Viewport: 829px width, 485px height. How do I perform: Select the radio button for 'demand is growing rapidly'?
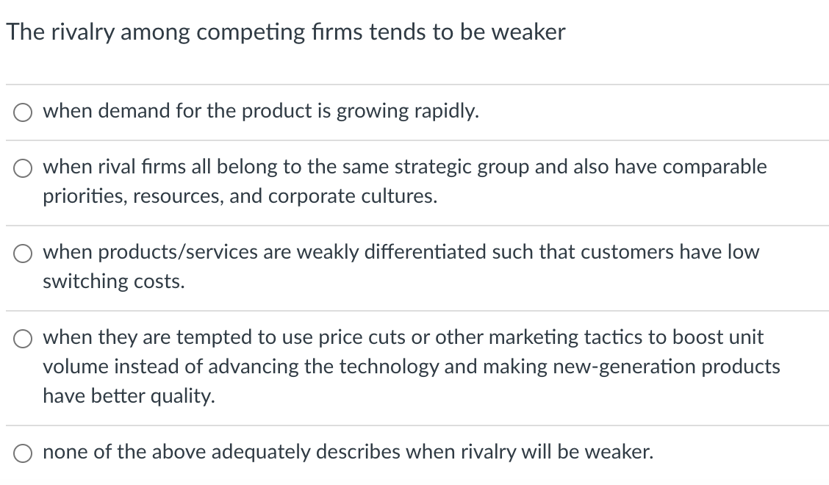click(22, 112)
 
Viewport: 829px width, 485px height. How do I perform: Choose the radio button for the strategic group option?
click(22, 168)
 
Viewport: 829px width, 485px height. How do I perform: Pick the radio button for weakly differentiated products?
click(22, 254)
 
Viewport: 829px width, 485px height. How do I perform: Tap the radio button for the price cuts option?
click(22, 339)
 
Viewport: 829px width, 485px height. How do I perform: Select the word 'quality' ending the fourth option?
click(185, 397)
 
